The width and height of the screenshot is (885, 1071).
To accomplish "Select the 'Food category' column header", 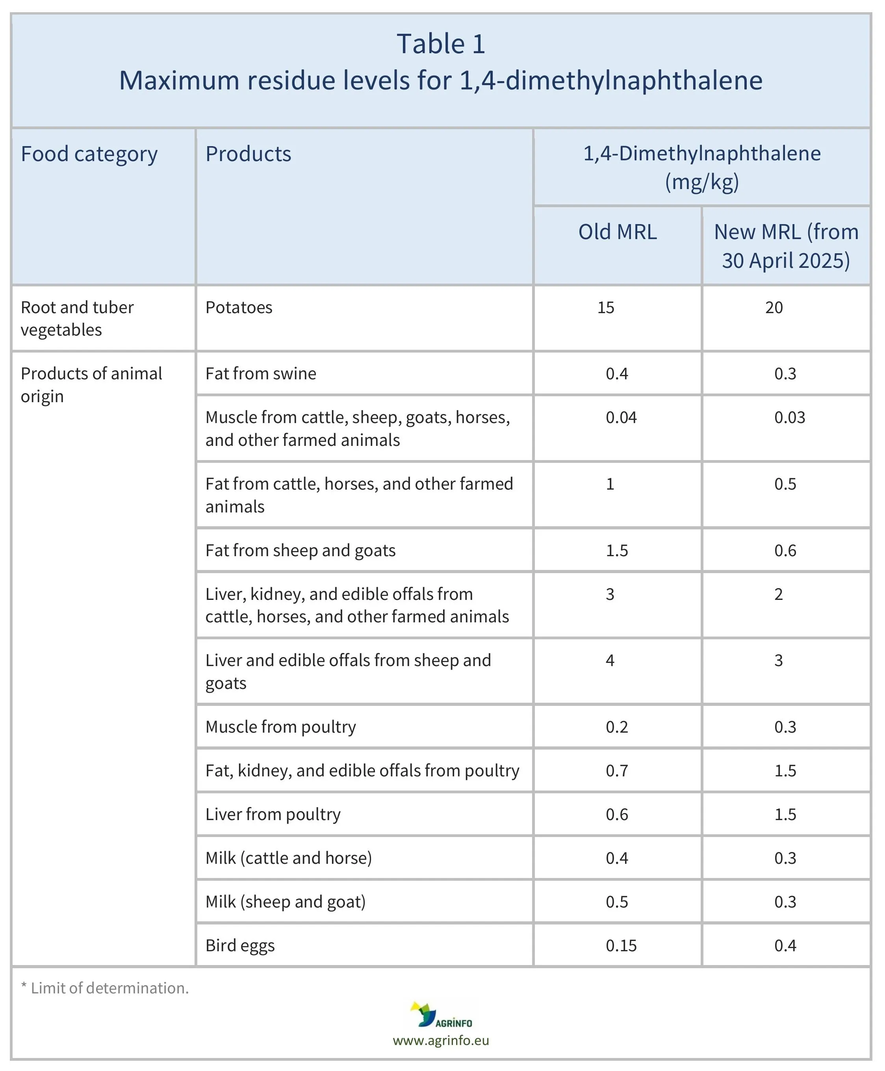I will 89,154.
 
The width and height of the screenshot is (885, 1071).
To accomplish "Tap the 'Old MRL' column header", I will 617,232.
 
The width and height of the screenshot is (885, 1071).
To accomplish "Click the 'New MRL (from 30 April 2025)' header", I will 786,246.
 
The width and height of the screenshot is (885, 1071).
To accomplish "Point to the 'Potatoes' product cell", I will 239,307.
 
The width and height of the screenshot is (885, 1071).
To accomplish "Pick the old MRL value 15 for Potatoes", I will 606,307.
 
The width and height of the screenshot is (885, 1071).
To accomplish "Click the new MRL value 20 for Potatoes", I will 774,307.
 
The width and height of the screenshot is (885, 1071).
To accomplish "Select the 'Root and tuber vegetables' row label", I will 76,319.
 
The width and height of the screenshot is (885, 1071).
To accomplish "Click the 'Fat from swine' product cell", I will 260,374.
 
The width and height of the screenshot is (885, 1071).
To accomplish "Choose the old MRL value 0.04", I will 621,418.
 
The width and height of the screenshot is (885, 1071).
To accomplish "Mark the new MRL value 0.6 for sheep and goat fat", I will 785,551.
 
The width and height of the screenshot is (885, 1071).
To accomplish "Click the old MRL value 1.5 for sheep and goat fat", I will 617,551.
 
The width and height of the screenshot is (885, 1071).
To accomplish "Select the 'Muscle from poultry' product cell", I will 280,727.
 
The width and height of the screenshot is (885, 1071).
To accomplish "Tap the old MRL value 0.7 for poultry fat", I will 617,771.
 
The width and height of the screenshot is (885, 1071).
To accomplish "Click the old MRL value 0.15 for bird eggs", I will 621,946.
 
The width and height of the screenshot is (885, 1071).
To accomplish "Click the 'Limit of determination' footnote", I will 105,988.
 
